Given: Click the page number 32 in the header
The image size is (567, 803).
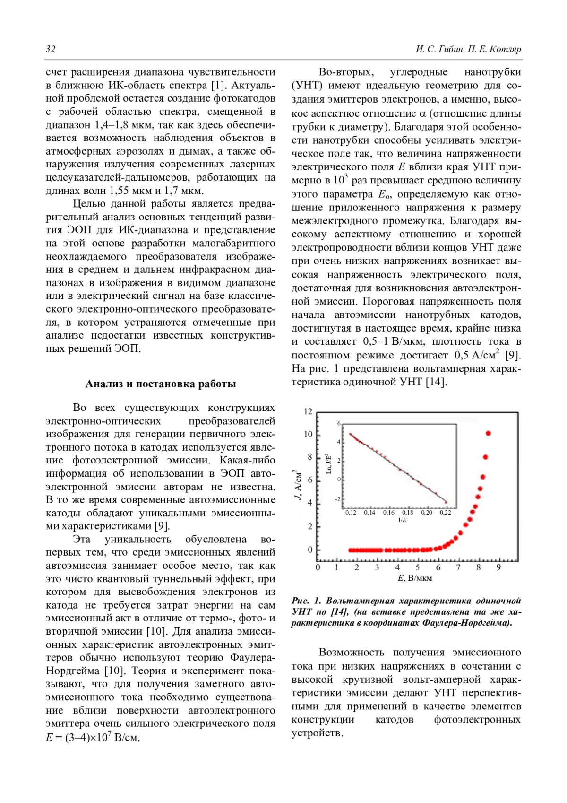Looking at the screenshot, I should point(51,49).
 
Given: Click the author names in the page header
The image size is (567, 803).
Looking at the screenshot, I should point(468,49).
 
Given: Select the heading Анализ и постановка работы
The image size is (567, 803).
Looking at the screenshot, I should point(161,384).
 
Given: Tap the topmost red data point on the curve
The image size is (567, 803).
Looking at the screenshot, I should point(488,433).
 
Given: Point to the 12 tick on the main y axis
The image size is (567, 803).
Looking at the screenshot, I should point(308,411).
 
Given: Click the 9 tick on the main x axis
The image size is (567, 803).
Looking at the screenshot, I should point(498,567).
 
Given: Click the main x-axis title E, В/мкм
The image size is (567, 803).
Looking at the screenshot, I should point(415,578).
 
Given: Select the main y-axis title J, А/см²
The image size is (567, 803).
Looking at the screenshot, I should point(297,485).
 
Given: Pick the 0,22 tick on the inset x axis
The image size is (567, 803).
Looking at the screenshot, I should point(445,513).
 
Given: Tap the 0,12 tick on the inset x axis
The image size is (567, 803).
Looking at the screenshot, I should point(351,513).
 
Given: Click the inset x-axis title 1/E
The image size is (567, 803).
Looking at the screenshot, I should point(402,520).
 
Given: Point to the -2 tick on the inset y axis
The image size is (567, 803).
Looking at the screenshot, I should point(337,499).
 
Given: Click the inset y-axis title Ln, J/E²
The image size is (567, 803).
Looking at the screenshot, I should point(329,463).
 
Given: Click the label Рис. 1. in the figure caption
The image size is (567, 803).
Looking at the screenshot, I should point(306,601).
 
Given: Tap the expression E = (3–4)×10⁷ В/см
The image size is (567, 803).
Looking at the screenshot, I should point(93,737).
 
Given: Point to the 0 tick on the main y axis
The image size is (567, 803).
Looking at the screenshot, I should point(310,550).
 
